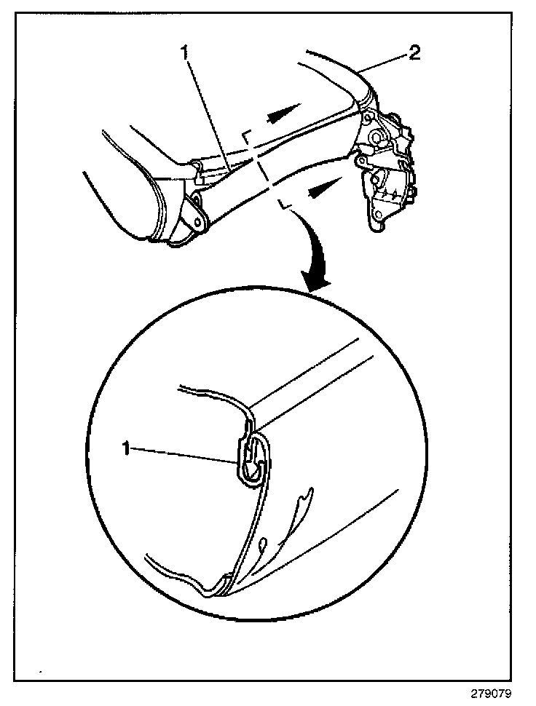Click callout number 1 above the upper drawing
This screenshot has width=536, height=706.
coord(187,52)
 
